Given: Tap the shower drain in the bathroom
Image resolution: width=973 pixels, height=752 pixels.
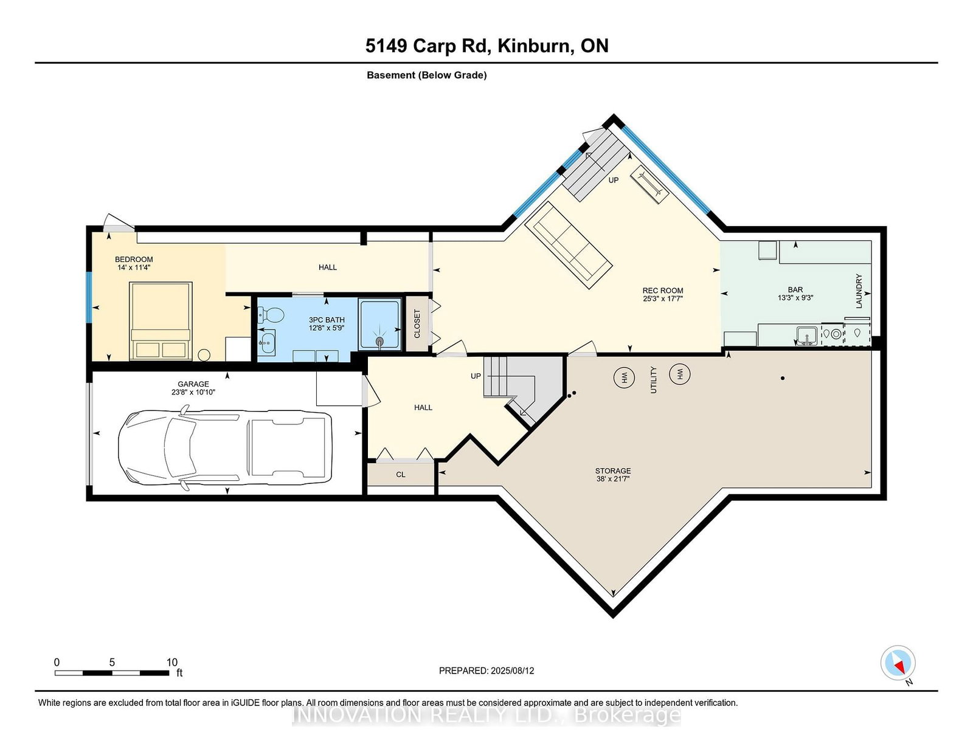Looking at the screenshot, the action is (x=379, y=342).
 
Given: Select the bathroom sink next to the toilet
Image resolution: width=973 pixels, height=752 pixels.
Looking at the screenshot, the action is (x=268, y=343).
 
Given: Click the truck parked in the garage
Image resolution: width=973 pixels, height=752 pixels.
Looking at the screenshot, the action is (x=225, y=447).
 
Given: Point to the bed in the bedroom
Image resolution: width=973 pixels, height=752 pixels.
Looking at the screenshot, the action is (x=161, y=321).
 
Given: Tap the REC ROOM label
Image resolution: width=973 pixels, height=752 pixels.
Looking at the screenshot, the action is (x=663, y=291).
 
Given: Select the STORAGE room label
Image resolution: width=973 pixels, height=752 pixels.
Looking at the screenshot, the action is (x=613, y=471).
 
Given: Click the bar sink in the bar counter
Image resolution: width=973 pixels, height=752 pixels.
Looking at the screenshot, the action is (x=806, y=336).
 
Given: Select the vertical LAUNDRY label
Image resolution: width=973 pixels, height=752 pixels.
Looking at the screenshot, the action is (x=859, y=291).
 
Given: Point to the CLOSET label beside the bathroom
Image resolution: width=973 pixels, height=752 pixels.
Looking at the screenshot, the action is (x=417, y=323).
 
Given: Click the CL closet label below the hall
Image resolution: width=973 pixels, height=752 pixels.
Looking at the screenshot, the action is (x=401, y=474).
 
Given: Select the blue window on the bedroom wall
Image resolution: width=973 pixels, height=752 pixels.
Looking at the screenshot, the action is (x=89, y=297).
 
